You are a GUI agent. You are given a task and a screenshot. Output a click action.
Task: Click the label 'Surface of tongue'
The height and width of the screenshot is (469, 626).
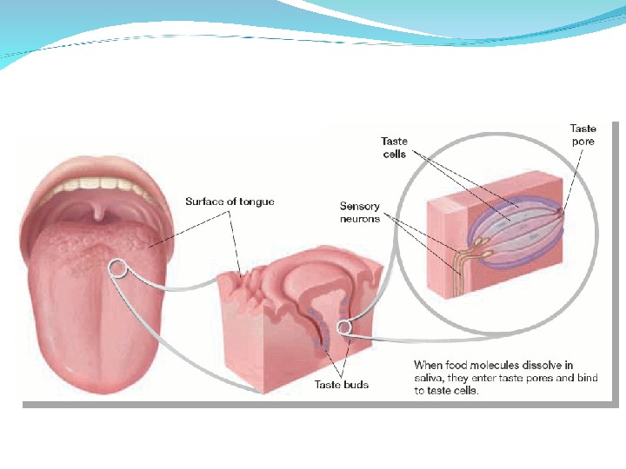click(230, 201)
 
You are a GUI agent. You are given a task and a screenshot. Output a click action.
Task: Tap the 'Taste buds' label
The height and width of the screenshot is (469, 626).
click(341, 385)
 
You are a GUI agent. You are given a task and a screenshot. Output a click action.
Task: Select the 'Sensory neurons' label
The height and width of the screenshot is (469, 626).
click(360, 212)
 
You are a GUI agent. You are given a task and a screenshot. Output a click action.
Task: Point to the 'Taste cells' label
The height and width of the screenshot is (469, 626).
click(395, 148)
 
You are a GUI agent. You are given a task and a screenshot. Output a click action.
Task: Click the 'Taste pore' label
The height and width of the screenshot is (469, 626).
click(583, 135)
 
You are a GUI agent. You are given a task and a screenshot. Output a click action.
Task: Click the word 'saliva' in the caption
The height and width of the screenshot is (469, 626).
click(430, 378)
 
